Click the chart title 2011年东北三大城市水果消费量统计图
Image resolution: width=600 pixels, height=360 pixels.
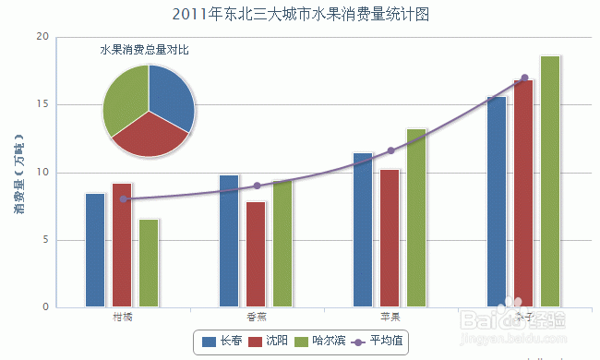click(300, 14)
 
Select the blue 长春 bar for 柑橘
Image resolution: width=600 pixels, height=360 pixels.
click(95, 249)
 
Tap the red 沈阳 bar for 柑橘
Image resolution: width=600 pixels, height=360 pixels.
click(122, 245)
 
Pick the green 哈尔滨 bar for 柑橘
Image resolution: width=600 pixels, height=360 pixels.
click(149, 263)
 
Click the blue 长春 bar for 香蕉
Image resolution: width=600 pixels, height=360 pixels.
click(229, 240)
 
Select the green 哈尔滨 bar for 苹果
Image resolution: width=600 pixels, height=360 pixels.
click(416, 218)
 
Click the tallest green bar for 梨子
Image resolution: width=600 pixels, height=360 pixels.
click(550, 181)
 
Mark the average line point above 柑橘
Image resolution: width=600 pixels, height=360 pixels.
click(123, 198)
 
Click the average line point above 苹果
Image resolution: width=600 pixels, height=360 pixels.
click(390, 150)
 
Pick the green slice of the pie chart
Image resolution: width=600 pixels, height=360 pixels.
click(123, 100)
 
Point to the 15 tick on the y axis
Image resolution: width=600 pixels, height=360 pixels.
click(42, 104)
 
